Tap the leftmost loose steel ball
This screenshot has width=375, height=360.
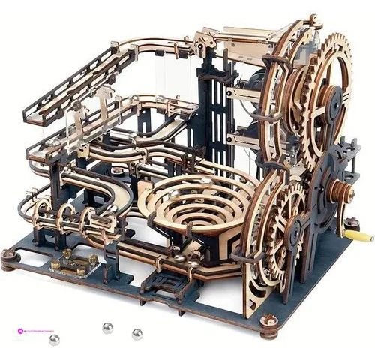(x=54, y=340)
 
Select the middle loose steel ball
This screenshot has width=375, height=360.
(x=108, y=328)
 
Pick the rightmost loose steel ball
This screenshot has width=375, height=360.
(x=136, y=334)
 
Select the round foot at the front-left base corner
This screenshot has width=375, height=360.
(x=9, y=257)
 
